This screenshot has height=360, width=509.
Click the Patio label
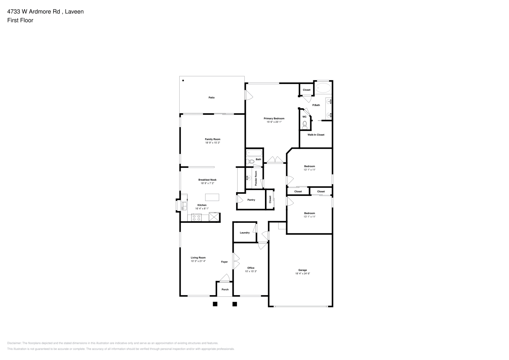(211, 98)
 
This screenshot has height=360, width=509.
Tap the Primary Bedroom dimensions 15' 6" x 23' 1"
(274, 122)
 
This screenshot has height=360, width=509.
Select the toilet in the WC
(305, 125)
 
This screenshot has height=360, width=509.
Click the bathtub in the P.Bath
(323, 88)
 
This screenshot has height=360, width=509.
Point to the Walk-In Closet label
(316, 135)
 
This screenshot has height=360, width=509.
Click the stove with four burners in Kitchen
(196, 217)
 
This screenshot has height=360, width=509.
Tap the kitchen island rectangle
(212, 197)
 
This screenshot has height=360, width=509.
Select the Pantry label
(251, 200)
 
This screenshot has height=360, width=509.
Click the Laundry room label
(245, 233)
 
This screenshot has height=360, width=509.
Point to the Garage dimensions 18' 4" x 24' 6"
(302, 274)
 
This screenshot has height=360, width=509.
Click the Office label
(251, 268)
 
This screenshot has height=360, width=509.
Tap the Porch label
(225, 289)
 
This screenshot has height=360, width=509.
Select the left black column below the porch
(215, 304)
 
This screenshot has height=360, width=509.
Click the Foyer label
(224, 262)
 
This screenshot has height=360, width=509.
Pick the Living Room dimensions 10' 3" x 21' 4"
(198, 261)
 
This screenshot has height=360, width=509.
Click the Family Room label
(212, 139)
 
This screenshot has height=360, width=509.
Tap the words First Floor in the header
(20, 20)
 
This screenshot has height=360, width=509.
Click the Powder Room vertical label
(256, 179)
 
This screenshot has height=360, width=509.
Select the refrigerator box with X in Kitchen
(214, 217)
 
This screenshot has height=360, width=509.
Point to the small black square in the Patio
(183, 80)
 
